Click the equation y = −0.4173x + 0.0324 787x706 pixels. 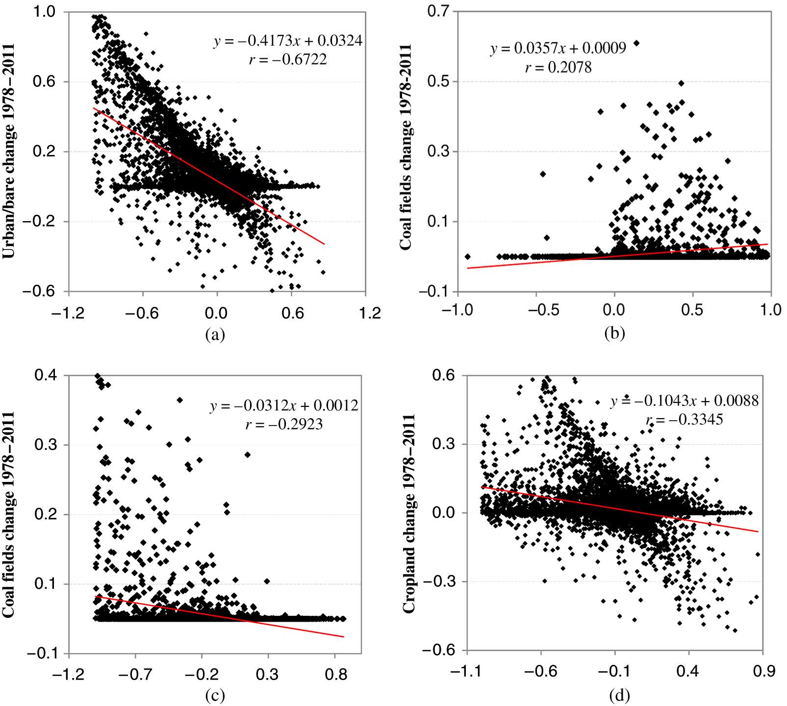288,41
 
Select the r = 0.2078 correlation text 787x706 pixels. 558,67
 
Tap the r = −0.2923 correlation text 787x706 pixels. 284,424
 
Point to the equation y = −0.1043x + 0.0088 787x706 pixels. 685,401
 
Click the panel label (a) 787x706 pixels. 215,334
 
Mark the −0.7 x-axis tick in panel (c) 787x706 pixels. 134,675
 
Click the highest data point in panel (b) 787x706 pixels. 636,43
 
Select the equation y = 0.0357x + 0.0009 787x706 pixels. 558,48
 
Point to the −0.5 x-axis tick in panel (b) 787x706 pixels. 537,311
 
